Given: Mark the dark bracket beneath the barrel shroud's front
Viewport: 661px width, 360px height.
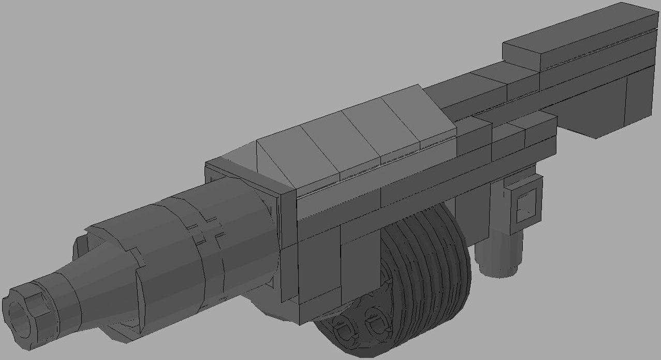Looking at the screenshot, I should [x=124, y=332].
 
